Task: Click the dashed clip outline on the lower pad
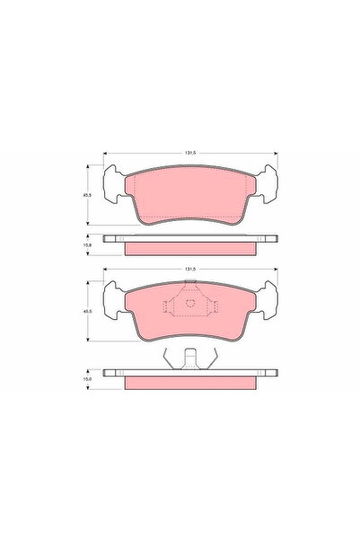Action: pyautogui.click(x=188, y=305)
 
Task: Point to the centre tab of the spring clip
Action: pyautogui.click(x=188, y=361)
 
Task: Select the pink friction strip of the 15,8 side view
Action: pyautogui.click(x=188, y=247)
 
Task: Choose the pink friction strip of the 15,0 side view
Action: pyautogui.click(x=188, y=381)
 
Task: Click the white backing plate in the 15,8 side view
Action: pyautogui.click(x=188, y=238)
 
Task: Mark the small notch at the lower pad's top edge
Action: pyautogui.click(x=188, y=285)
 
